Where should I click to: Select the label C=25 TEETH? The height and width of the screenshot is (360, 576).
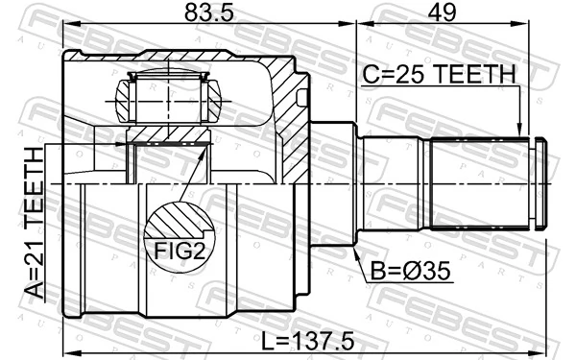439,73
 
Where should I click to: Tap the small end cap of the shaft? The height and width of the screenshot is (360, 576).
540,183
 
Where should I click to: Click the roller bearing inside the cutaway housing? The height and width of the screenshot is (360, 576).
169,97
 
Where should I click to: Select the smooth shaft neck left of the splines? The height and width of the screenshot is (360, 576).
394,183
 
